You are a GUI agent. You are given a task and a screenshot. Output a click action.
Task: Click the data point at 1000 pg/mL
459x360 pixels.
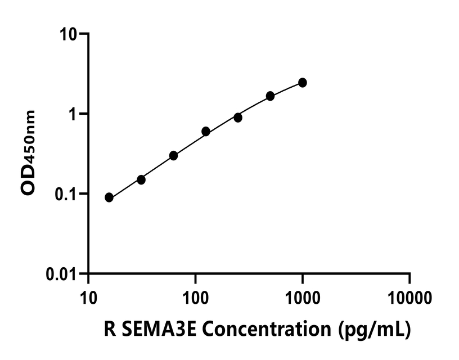click(x=303, y=83)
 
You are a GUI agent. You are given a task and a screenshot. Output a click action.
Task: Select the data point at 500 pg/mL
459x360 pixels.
click(x=271, y=96)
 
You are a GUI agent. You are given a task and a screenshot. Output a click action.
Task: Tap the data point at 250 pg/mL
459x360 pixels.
click(x=238, y=118)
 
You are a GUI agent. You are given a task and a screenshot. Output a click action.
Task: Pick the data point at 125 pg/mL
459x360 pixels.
click(x=206, y=132)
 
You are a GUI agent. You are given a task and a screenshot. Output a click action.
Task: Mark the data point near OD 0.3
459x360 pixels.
click(x=173, y=155)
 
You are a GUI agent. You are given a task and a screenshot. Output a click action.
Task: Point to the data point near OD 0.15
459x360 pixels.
click(x=141, y=179)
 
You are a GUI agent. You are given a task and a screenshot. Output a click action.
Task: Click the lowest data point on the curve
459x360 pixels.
click(x=109, y=197)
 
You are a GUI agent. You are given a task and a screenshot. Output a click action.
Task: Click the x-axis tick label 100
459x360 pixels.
click(x=195, y=296)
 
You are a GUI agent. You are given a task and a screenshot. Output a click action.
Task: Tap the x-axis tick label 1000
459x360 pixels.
click(x=303, y=296)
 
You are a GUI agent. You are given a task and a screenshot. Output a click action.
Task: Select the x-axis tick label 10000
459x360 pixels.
click(x=409, y=296)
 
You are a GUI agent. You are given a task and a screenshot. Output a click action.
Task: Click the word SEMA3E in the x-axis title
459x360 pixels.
click(x=157, y=328)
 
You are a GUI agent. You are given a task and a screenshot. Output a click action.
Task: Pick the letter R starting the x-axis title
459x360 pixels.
click(x=110, y=328)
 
